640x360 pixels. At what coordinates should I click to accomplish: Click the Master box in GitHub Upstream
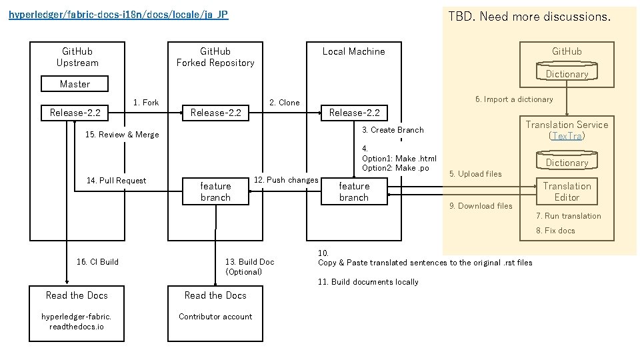(75, 84)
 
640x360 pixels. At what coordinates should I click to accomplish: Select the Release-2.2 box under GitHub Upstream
(75, 113)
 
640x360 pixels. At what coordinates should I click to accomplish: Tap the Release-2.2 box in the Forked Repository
(215, 113)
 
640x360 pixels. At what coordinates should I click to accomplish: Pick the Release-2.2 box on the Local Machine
(354, 113)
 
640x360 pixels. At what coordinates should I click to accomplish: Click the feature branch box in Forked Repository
(215, 191)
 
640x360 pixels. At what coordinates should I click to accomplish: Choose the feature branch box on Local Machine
(354, 191)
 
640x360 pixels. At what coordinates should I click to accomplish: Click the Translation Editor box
(567, 191)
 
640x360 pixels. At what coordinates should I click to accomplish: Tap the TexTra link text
(567, 136)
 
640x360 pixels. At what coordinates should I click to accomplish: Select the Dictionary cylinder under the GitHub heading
(567, 73)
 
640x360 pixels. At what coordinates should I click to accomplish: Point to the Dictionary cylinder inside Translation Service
(567, 161)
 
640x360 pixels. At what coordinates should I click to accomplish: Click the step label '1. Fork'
(146, 103)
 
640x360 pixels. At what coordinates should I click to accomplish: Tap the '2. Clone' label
(284, 103)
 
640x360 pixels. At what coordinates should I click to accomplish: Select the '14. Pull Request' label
(117, 181)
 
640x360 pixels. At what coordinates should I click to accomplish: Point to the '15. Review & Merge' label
(123, 135)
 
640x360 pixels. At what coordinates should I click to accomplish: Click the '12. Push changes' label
(286, 180)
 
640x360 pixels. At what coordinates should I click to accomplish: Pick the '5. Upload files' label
(475, 174)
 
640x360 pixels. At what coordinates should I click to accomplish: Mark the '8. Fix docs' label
(555, 231)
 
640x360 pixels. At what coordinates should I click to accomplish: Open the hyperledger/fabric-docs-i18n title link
(119, 14)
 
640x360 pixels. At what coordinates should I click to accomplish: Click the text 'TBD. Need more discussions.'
(529, 16)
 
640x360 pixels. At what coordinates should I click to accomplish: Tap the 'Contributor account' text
(215, 317)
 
